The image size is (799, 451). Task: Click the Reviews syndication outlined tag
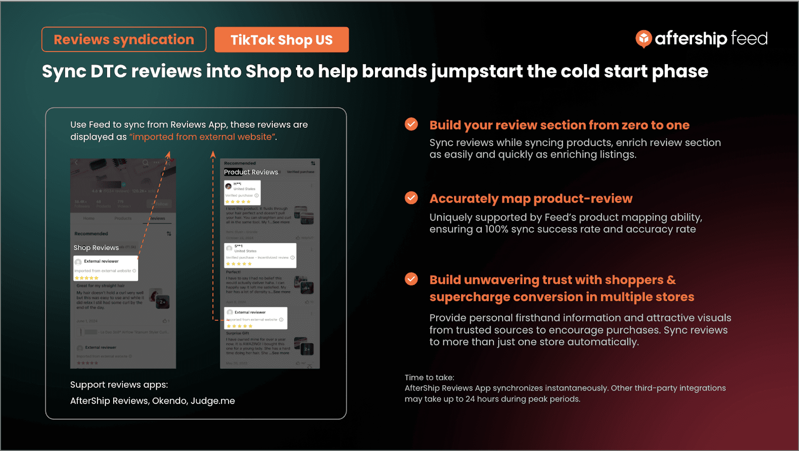[124, 40]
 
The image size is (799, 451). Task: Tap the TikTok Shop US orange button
[281, 40]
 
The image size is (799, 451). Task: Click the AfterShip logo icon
[643, 39]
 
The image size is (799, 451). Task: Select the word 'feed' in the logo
[749, 39]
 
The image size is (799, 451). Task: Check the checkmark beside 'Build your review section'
[411, 124]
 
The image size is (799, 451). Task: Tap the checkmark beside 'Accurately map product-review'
[411, 198]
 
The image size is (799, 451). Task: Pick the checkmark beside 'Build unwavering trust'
[411, 279]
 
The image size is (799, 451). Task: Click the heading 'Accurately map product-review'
[531, 199]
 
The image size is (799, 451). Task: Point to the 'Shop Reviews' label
[96, 248]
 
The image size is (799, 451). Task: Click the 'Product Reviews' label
[251, 172]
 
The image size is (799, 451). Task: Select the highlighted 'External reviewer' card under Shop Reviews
[106, 268]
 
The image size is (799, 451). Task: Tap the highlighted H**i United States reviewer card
[242, 193]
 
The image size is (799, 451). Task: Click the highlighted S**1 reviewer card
[260, 255]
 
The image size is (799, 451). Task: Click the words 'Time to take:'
[429, 378]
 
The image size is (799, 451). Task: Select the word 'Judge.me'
[213, 401]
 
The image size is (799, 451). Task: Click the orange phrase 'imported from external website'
[202, 137]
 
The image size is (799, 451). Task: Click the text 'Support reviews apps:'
[119, 385]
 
